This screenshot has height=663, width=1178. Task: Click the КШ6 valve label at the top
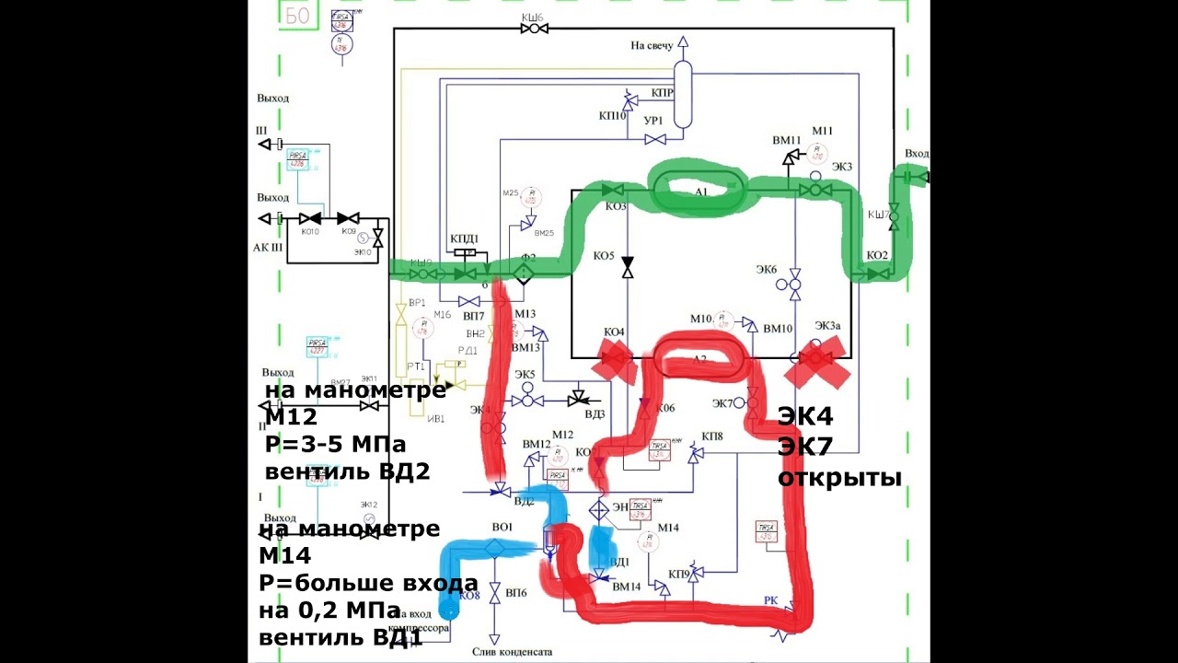(533, 17)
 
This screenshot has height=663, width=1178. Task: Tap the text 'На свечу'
(652, 45)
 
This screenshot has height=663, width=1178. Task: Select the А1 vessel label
(700, 192)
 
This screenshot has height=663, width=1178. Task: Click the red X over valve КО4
(615, 359)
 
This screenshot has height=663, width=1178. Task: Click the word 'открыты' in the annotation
(839, 477)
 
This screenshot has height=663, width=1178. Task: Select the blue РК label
(771, 600)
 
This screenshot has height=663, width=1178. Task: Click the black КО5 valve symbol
(628, 267)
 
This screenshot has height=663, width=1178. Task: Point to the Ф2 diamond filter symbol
(524, 273)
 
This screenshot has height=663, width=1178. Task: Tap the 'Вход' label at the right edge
(917, 153)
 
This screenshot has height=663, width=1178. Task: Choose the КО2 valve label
(876, 254)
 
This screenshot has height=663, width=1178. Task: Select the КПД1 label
(465, 239)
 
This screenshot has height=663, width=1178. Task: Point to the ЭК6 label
(767, 269)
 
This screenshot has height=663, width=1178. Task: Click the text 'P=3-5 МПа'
(335, 445)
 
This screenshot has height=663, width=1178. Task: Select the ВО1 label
(502, 527)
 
